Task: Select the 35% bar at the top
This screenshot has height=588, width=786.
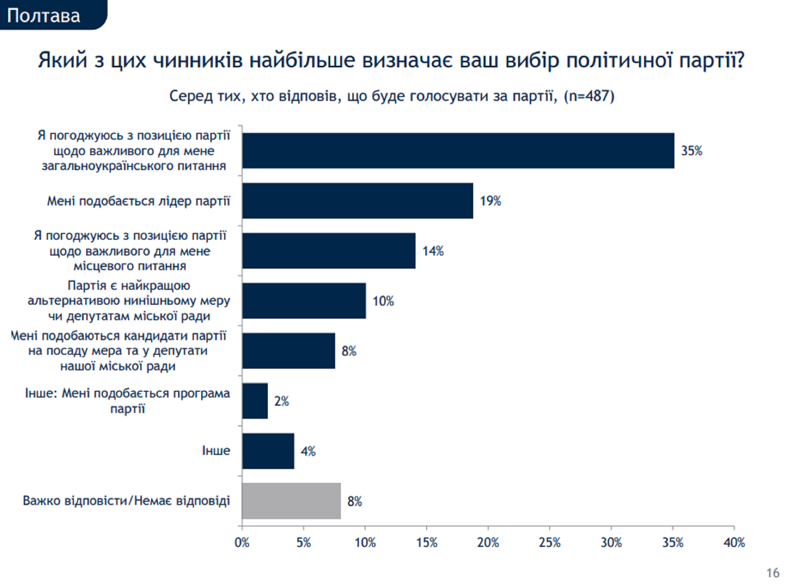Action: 458,151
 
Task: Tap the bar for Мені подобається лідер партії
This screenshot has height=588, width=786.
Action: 357,201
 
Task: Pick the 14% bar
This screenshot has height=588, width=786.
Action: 329,251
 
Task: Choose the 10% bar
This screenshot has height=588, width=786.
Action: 304,301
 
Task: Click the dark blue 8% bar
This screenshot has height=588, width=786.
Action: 288,351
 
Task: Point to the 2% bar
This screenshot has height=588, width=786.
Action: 255,401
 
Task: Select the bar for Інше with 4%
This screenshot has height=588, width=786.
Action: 268,451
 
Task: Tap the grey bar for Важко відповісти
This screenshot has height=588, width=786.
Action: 291,501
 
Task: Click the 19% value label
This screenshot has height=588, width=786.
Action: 490,201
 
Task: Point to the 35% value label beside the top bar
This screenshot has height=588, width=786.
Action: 691,151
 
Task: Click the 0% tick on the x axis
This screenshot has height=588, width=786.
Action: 242,542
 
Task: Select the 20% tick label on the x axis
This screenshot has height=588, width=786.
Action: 488,542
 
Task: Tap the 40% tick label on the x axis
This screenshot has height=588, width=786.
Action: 734,542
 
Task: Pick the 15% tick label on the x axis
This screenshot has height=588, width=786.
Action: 426,542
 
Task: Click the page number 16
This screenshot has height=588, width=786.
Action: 772,573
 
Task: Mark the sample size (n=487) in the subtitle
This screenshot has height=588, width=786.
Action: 589,96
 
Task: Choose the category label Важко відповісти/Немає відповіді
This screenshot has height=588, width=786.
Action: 127,500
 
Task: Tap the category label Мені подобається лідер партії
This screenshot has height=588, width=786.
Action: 139,201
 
